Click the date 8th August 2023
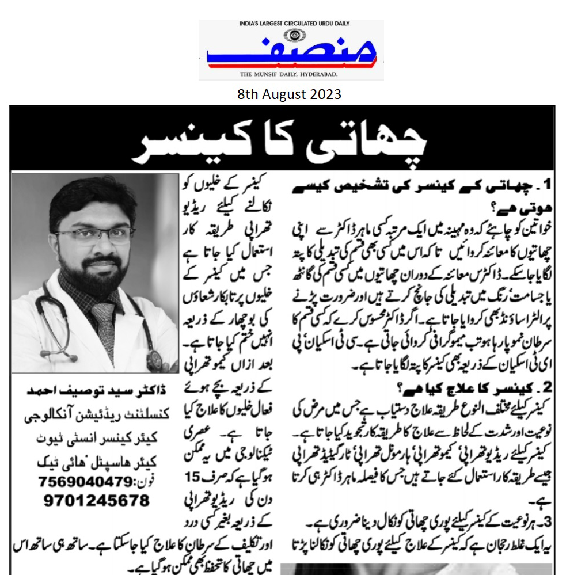pyautogui.click(x=289, y=94)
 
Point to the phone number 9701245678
pyautogui.click(x=96, y=500)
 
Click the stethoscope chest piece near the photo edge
pyautogui.click(x=155, y=359)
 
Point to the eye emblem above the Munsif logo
pyautogui.click(x=295, y=33)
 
